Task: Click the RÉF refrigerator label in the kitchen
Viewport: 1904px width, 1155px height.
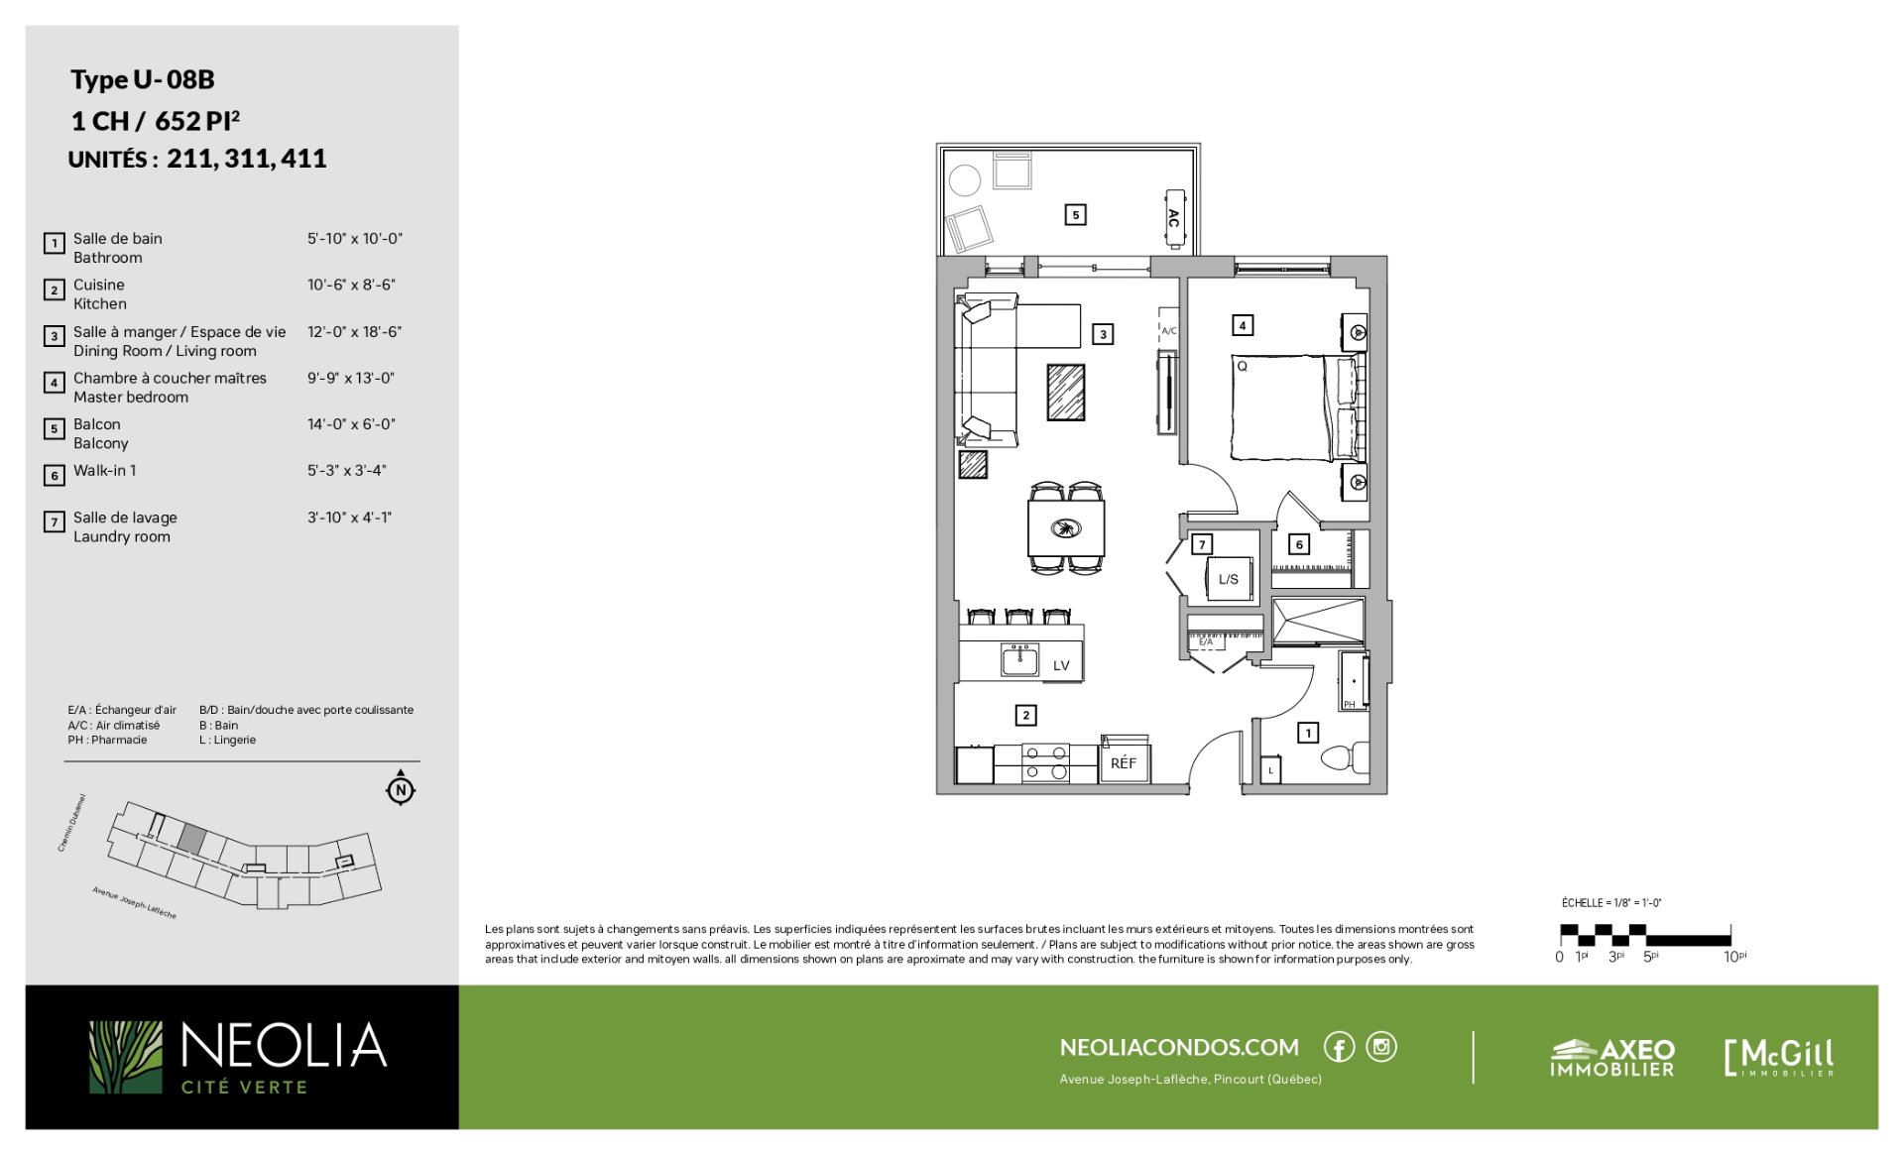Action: [x=1123, y=763]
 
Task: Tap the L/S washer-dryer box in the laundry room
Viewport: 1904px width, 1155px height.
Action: [x=1229, y=579]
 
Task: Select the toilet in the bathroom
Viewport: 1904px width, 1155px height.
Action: [x=1346, y=757]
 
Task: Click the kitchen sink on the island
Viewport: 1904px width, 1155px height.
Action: [x=1019, y=660]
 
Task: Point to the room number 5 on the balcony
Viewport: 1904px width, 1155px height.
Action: [x=1075, y=214]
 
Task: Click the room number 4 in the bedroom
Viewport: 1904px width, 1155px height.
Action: [x=1242, y=324]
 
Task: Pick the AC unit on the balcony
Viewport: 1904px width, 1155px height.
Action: [x=1174, y=218]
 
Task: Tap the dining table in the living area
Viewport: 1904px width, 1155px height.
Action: [x=1066, y=527]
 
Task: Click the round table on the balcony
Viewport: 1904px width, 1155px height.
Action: [x=964, y=180]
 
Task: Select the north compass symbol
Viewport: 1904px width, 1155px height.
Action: [x=401, y=789]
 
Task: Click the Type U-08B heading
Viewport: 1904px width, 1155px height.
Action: [x=143, y=79]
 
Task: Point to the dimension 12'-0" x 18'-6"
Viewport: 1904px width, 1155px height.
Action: [x=354, y=332]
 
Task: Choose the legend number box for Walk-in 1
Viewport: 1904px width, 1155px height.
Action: [x=55, y=475]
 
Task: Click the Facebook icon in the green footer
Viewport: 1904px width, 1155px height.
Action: [x=1339, y=1047]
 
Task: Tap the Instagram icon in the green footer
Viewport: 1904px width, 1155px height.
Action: [x=1381, y=1047]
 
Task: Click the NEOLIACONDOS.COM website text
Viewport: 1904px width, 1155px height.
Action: [x=1179, y=1047]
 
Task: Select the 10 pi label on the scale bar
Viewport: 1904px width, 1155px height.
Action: [x=1734, y=957]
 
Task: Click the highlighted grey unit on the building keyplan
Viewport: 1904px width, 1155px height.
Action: [x=192, y=839]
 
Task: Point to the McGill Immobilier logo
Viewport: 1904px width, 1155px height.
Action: [x=1779, y=1057]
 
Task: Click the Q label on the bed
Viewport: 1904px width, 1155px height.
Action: [x=1242, y=366]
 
